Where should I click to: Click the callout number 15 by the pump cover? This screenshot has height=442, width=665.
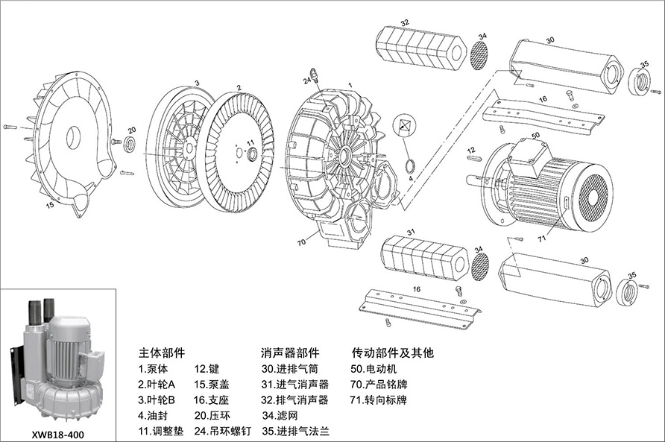(x=50, y=203)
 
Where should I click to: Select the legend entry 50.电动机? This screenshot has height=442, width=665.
(x=374, y=369)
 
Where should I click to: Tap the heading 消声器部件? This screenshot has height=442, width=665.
(x=290, y=352)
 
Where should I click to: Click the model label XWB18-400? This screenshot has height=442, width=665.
(x=57, y=432)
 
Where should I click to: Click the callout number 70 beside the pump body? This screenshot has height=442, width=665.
(x=301, y=242)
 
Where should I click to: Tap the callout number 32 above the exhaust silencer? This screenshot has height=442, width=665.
(x=405, y=23)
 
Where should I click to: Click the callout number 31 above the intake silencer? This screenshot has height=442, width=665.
(x=410, y=231)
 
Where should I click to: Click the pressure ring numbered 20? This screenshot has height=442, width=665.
(x=130, y=144)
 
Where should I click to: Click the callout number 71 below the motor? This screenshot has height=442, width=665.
(x=542, y=239)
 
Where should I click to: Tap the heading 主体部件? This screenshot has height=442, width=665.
(x=162, y=352)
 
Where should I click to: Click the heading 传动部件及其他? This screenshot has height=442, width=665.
(x=392, y=352)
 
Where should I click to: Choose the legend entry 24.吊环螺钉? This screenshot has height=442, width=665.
(x=222, y=431)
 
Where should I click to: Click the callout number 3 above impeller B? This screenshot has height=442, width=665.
(x=196, y=83)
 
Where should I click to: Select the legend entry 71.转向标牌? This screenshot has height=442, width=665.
(x=379, y=400)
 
